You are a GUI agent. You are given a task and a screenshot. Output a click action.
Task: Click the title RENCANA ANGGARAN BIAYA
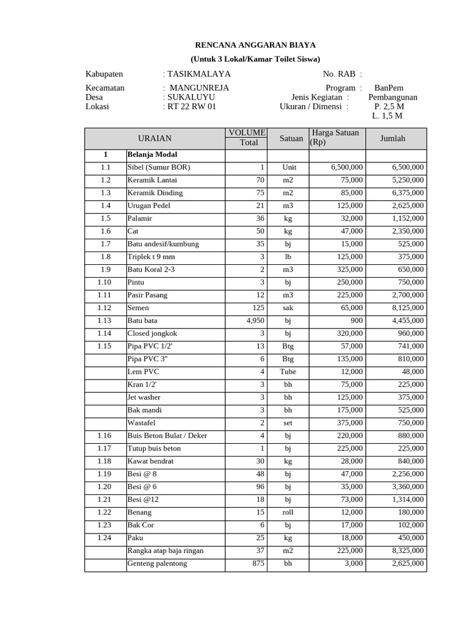[255, 45]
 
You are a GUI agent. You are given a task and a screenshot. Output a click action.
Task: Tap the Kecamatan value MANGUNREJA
[199, 88]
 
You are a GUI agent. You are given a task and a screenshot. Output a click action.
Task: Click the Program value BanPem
[388, 88]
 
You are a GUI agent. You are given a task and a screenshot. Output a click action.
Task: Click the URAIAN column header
[155, 139]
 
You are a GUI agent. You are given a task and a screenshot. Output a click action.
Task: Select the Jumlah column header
[393, 139]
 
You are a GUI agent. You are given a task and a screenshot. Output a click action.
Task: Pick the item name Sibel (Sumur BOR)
[158, 167]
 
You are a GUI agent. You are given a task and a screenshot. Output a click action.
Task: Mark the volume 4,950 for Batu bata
[255, 320]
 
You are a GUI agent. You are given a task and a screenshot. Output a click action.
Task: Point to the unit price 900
[355, 320]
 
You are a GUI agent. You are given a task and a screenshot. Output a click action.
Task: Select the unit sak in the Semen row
[288, 308]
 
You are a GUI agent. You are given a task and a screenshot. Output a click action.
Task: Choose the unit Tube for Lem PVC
[288, 371]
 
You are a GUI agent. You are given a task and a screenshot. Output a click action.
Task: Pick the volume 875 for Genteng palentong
[258, 563]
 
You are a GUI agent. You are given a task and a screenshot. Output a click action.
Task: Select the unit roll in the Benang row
[288, 512]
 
